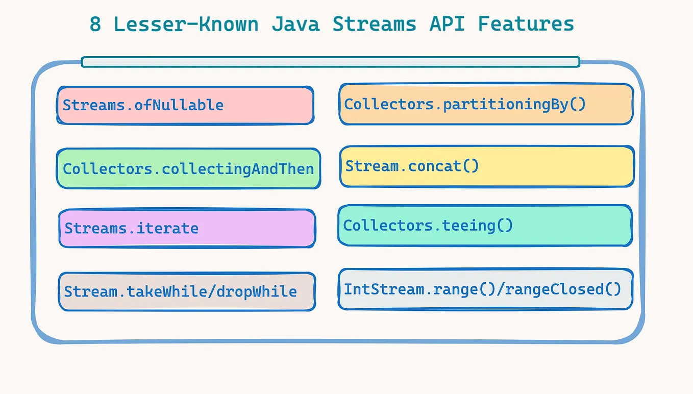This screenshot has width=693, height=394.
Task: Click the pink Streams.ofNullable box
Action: pos(185,105)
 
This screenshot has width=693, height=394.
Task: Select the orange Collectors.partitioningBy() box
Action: pos(486,104)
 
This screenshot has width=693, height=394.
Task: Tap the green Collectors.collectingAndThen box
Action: pos(188,168)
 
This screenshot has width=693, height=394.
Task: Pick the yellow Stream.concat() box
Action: pos(487,166)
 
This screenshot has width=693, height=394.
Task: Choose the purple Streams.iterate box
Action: pos(187,228)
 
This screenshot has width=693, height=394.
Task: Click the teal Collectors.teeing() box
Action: pos(485,226)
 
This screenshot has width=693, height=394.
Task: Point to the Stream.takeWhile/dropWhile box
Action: pos(187,291)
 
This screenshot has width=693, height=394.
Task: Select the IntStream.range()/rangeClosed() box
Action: pos(485,289)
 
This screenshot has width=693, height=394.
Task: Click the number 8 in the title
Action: pos(95,24)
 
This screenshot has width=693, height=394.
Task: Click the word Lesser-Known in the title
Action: pos(186,24)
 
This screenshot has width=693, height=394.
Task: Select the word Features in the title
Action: pos(526,24)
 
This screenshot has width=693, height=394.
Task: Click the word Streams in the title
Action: pos(374,24)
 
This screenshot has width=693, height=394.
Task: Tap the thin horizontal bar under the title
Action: pos(330,62)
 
